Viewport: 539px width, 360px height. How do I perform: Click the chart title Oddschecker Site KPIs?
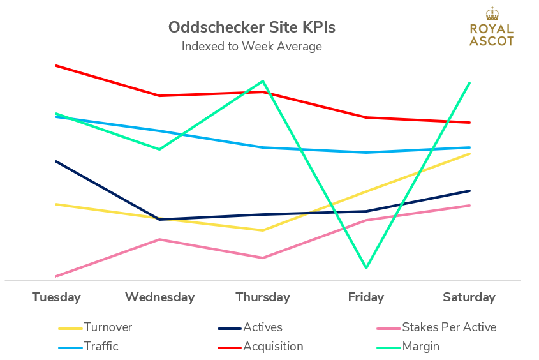tap(251, 27)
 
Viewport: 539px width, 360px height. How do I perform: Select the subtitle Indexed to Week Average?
tap(251, 47)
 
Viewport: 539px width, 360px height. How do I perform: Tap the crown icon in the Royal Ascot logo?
tap(491, 14)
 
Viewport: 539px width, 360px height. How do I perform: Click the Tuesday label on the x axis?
tap(56, 297)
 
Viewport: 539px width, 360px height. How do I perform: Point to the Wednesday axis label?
tap(159, 297)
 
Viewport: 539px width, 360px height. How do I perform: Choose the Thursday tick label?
tap(263, 297)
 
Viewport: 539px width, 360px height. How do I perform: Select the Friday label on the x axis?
tap(366, 297)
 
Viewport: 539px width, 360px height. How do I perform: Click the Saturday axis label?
tap(469, 297)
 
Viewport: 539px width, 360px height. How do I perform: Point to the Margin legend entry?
tap(420, 347)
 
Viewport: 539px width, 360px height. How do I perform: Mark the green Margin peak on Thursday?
tap(262, 81)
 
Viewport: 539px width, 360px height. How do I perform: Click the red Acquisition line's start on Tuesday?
tap(56, 65)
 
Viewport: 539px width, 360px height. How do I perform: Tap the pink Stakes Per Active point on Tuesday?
tap(56, 276)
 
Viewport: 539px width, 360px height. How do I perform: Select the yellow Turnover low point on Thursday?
tap(262, 230)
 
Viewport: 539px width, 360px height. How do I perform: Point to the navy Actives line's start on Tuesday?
tap(56, 161)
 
